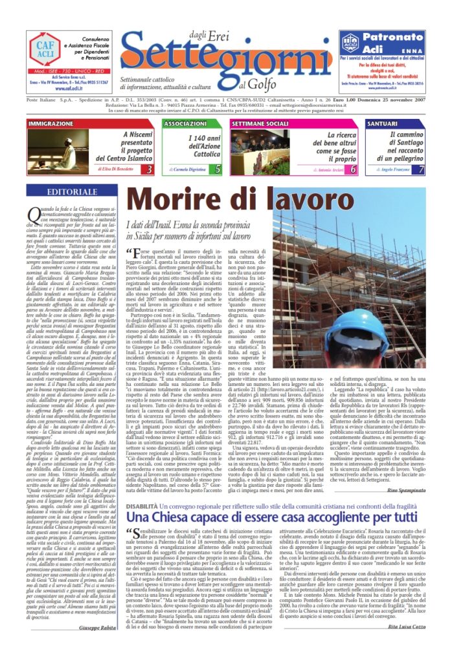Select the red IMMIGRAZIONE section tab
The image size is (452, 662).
coord(51,123)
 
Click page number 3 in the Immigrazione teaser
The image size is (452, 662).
coord(150,169)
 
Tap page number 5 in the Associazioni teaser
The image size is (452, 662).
coord(218,169)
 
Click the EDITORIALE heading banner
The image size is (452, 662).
coord(64,191)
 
